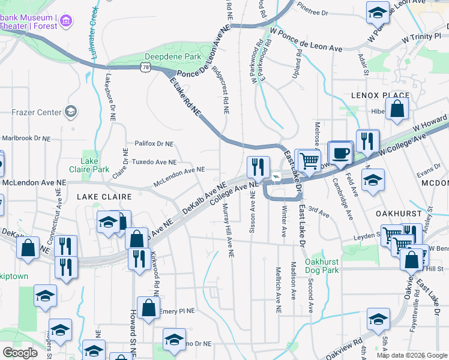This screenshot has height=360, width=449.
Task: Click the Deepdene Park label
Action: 164,56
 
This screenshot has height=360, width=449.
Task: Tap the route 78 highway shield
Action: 146,68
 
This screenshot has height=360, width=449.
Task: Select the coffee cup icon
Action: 341,152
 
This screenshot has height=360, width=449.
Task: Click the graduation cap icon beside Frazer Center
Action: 71,112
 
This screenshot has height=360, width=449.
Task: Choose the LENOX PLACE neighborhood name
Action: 380,95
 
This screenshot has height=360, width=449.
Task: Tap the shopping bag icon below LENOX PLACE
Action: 397,109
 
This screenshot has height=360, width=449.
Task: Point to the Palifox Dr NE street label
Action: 154,144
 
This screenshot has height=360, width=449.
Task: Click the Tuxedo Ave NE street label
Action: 154,162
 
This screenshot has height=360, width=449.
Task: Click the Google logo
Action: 20,353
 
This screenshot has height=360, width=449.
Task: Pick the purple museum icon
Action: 67,22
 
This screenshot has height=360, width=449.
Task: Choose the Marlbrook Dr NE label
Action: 26,138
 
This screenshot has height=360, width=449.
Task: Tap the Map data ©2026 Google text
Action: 411,355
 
